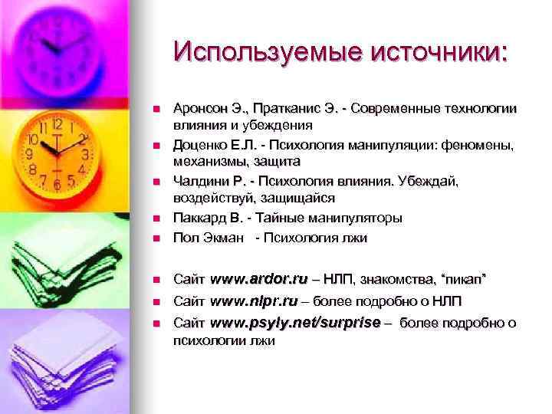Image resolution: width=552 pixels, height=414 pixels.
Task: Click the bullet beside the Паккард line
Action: (x=155, y=219)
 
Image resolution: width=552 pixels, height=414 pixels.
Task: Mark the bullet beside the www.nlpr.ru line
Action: (x=155, y=301)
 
